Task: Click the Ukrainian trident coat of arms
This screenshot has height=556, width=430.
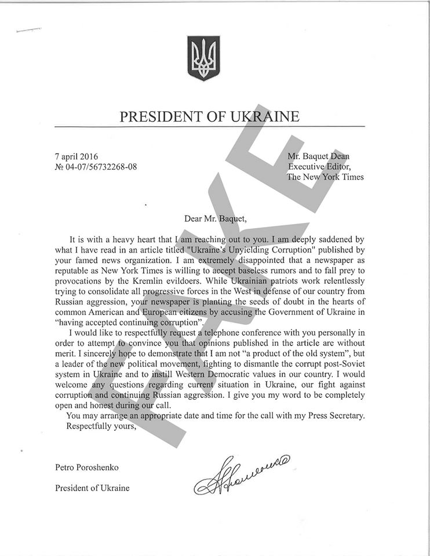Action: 203,58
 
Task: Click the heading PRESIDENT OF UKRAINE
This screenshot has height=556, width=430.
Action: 209,117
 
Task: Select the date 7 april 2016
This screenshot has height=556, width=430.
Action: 76,156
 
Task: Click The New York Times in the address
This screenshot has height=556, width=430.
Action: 325,177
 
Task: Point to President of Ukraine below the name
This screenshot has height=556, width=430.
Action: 92,488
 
